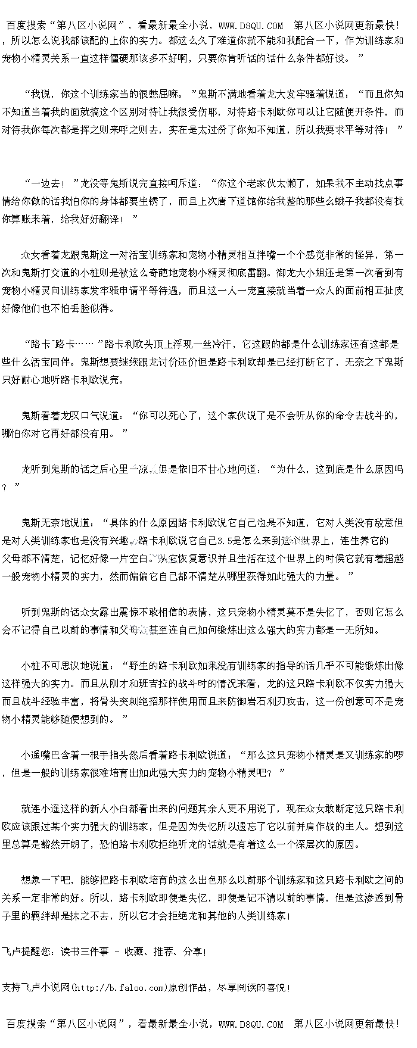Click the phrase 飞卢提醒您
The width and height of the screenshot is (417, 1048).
point(26,952)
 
